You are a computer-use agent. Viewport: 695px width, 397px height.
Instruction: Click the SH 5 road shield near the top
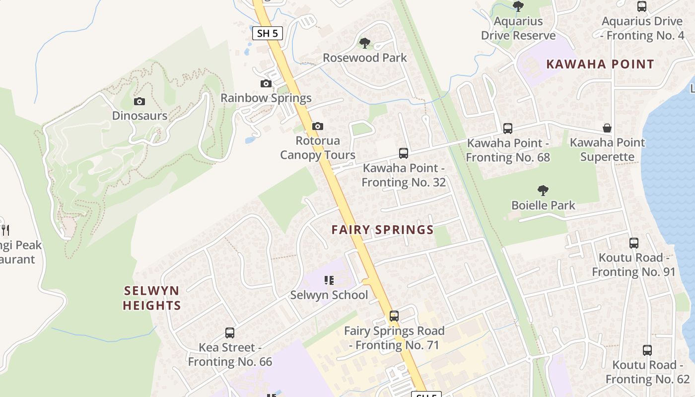click(268, 34)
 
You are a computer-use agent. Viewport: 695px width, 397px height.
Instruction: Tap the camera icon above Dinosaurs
click(139, 102)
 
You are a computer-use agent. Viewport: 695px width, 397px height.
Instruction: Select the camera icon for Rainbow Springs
click(266, 83)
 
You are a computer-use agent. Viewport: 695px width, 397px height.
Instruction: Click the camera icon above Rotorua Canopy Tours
click(318, 127)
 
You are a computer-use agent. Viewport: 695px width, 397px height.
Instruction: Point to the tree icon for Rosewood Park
click(365, 43)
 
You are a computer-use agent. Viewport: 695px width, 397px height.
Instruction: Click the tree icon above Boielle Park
click(543, 190)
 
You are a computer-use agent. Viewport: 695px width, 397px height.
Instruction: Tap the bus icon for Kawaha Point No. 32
click(404, 153)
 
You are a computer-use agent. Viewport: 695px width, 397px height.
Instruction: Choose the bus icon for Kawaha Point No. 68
click(508, 129)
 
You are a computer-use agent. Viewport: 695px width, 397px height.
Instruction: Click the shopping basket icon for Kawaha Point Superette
click(607, 128)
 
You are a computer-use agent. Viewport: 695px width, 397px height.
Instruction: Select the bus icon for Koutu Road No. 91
click(634, 243)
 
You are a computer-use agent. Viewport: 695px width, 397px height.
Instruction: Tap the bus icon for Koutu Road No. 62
click(647, 350)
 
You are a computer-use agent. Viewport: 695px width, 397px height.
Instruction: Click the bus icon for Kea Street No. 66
click(230, 333)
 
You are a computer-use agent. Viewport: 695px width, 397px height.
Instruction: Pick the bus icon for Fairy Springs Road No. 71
click(394, 316)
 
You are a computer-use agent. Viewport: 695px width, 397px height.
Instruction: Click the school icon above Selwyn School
click(329, 281)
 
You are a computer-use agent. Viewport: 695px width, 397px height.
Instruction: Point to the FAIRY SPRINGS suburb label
click(383, 230)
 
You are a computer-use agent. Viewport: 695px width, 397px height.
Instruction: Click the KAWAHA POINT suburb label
click(600, 64)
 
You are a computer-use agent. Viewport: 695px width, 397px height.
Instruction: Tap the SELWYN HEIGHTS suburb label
click(151, 298)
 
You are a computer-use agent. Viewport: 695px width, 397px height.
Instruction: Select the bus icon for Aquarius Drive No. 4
click(642, 6)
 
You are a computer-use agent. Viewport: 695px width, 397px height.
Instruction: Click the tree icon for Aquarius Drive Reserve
click(518, 6)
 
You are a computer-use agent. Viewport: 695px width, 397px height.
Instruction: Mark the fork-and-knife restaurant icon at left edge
click(5, 230)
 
